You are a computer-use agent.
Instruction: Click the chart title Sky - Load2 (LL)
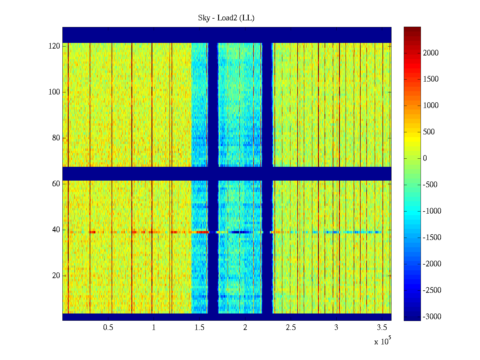(x=226, y=18)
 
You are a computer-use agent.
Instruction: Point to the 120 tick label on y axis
(x=54, y=46)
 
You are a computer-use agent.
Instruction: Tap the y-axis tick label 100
(x=54, y=92)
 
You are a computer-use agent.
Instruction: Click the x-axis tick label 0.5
(x=108, y=328)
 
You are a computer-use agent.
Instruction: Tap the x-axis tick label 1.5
(x=199, y=328)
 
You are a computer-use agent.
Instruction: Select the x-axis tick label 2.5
(x=291, y=328)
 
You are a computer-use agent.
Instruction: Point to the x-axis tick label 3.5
(x=382, y=328)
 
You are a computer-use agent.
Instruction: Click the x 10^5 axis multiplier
(x=382, y=341)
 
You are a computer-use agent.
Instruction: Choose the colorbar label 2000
(x=431, y=53)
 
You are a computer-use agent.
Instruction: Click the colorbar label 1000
(x=431, y=106)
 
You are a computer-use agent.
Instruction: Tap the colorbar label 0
(x=425, y=158)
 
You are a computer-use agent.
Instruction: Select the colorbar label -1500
(x=432, y=238)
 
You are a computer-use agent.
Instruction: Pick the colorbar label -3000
(x=432, y=317)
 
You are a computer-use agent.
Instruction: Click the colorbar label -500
(x=430, y=185)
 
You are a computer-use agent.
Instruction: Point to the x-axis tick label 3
(x=336, y=328)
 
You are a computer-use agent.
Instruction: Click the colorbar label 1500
(x=431, y=79)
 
